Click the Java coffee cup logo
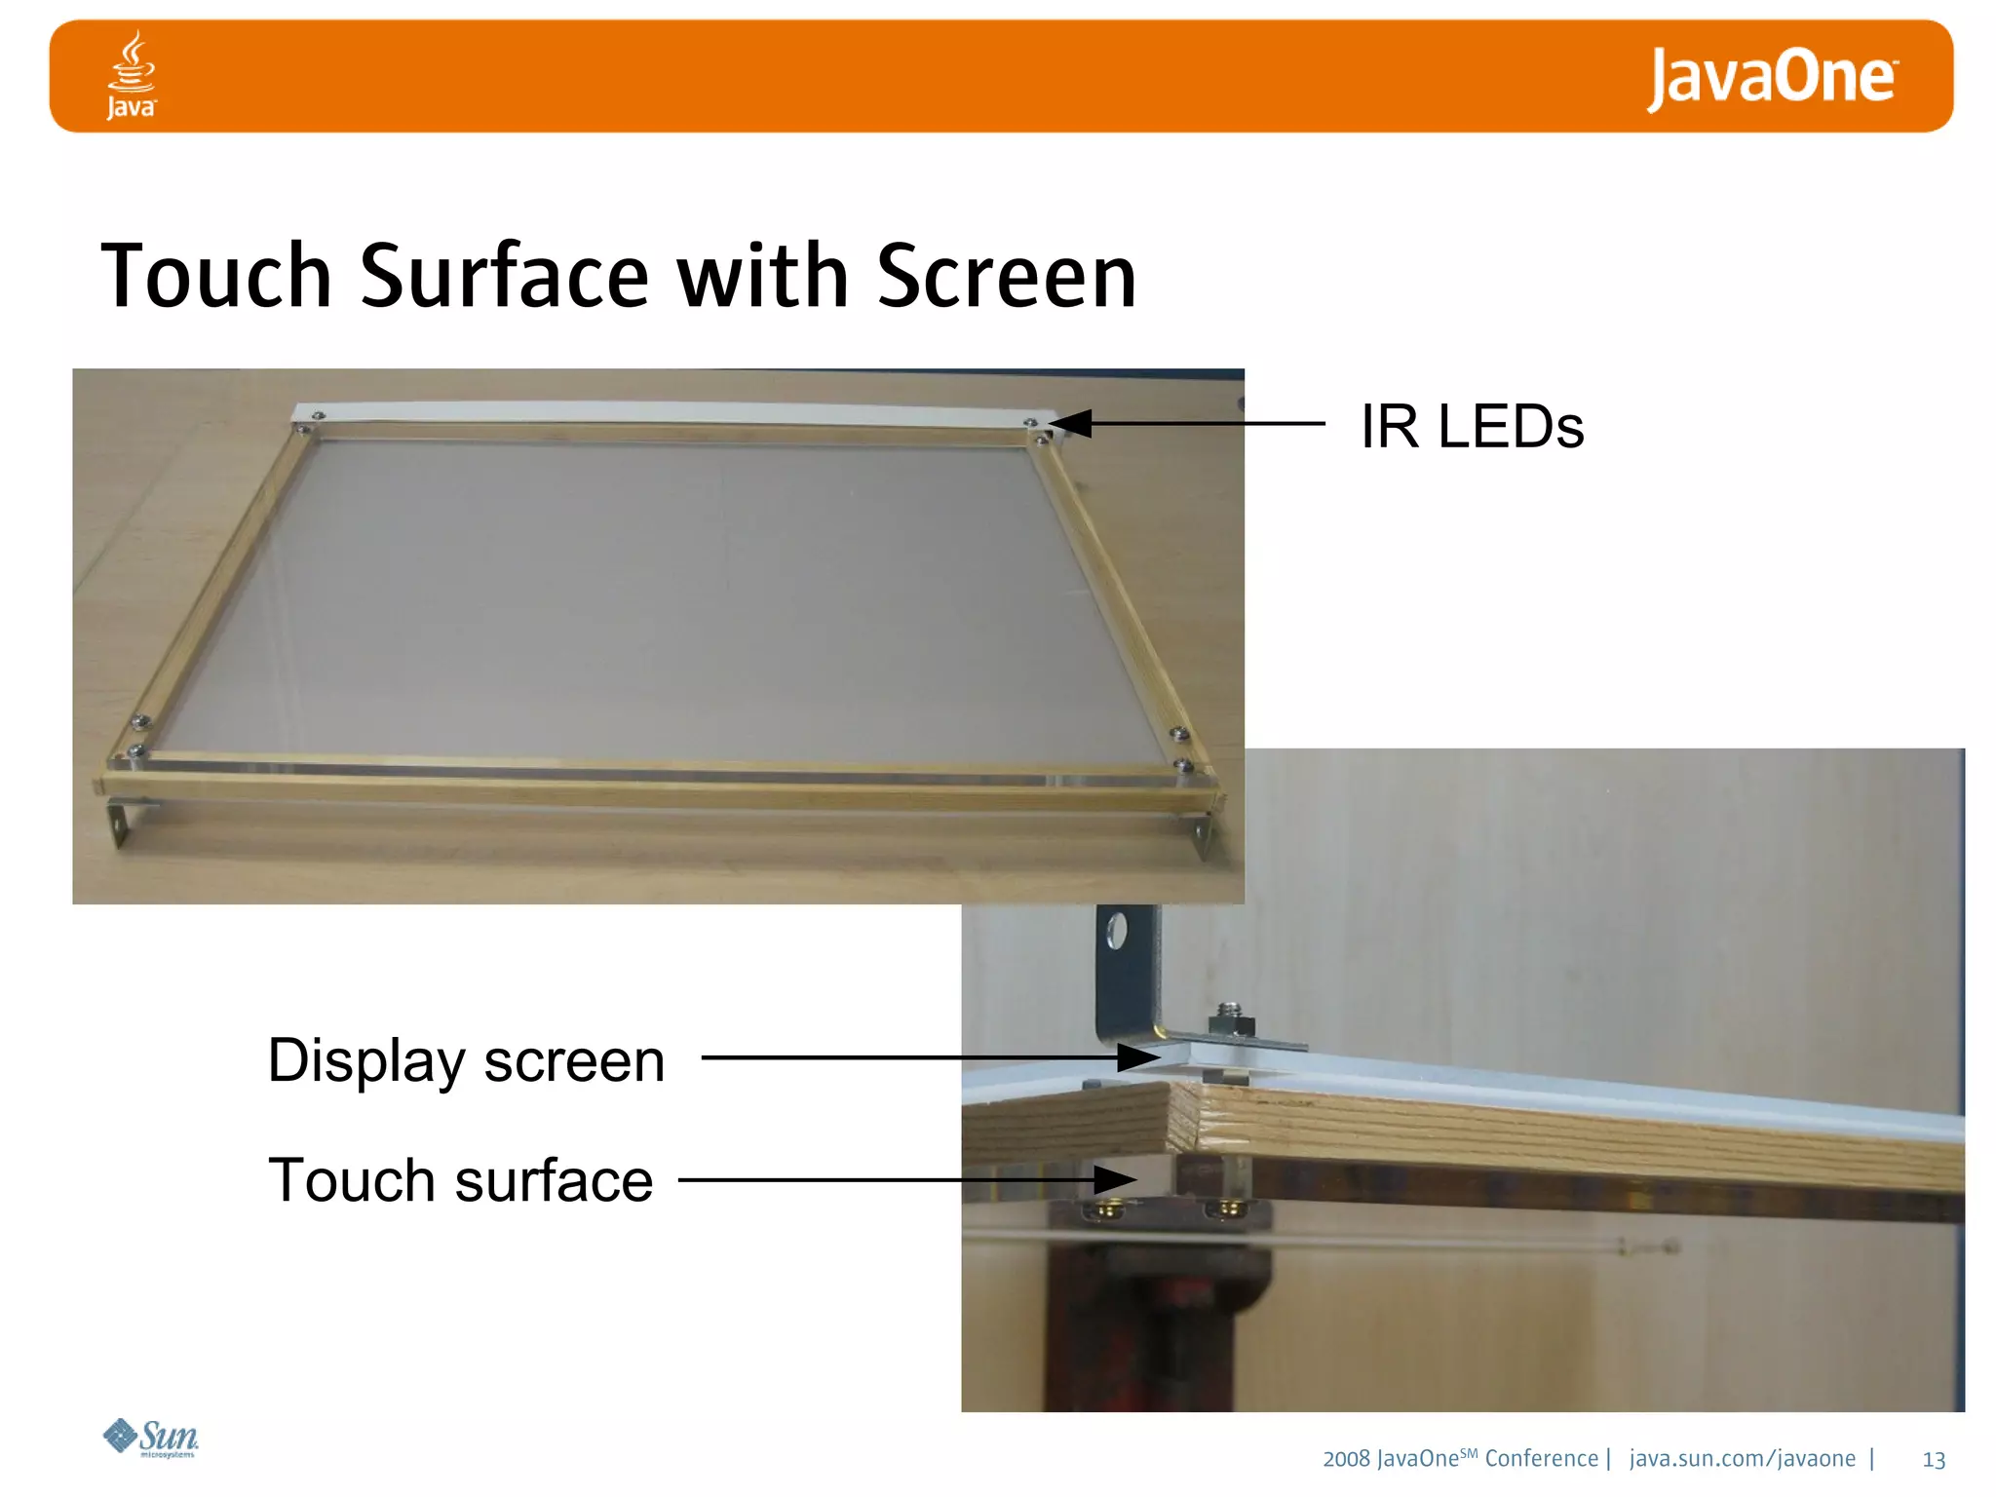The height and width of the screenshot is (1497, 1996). pyautogui.click(x=131, y=76)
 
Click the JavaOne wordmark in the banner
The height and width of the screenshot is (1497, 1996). pyautogui.click(x=1771, y=78)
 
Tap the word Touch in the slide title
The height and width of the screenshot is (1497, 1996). pyautogui.click(x=216, y=277)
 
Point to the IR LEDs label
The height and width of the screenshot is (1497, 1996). pyautogui.click(x=1472, y=427)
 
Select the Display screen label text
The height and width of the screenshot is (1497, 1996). pyautogui.click(x=466, y=1060)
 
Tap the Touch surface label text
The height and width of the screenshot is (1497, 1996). pyautogui.click(x=460, y=1180)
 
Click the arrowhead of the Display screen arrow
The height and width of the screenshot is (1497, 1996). pyautogui.click(x=1138, y=1057)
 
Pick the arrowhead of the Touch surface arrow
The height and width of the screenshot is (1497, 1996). pyautogui.click(x=1115, y=1180)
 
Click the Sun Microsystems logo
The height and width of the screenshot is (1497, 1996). pyautogui.click(x=151, y=1438)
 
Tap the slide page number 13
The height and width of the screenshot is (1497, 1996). pyautogui.click(x=1934, y=1460)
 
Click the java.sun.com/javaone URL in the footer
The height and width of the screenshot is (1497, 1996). pyautogui.click(x=1742, y=1459)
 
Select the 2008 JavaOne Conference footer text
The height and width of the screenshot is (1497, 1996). pyautogui.click(x=1459, y=1459)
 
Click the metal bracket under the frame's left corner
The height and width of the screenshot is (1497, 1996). pyautogui.click(x=120, y=821)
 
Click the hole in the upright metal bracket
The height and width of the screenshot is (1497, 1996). pyautogui.click(x=1117, y=931)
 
